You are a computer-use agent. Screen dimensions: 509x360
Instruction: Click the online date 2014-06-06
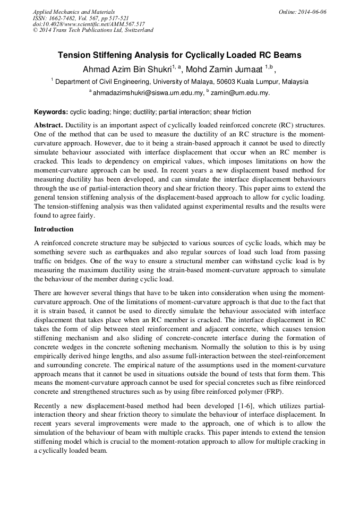tap(312, 12)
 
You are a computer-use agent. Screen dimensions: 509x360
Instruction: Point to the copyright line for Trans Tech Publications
tap(93, 30)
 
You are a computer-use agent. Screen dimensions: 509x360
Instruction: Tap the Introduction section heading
tap(54, 229)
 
